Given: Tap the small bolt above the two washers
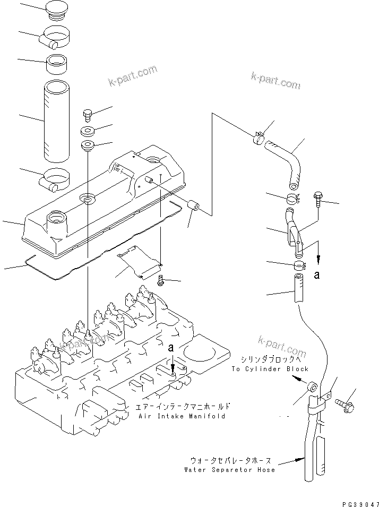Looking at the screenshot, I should (x=88, y=114).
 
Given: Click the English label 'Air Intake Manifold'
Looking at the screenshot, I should (x=182, y=416).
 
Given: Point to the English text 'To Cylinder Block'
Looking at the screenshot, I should (x=270, y=369).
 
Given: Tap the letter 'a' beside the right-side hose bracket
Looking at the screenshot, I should (x=317, y=274).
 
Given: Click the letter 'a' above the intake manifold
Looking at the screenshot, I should (x=171, y=347).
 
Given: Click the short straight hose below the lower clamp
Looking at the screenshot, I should (x=298, y=288).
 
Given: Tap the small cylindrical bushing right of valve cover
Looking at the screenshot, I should (x=194, y=205).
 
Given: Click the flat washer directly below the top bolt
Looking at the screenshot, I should (x=88, y=130).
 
